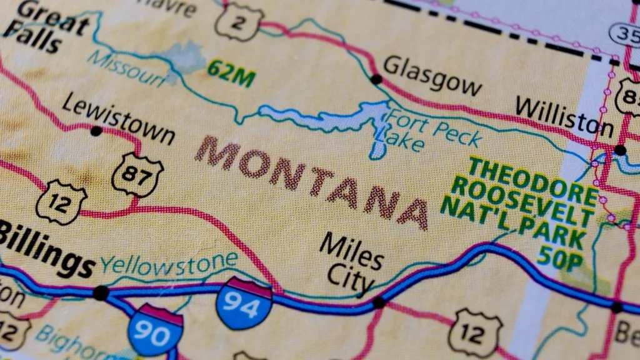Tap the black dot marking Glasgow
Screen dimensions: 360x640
coord(376,79)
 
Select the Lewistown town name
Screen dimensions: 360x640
coord(119,119)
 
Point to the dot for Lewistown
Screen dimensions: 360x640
coord(96,131)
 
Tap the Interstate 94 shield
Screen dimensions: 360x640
coord(244,303)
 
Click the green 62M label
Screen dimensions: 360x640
coord(231,73)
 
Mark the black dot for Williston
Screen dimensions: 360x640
coord(619,150)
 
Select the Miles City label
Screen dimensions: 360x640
coord(350,262)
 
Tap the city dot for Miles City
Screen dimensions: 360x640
coord(378,303)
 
